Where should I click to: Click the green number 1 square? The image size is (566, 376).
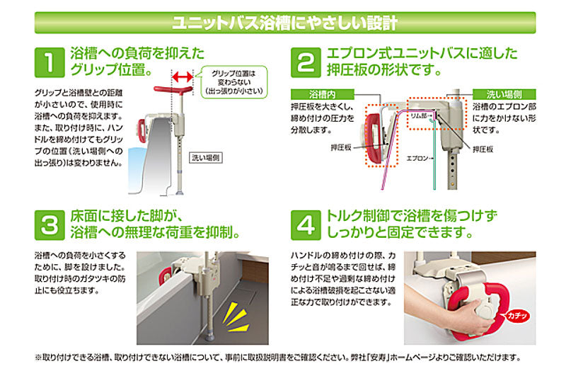50,62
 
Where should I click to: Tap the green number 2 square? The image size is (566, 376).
306,62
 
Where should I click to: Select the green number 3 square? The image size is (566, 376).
50,225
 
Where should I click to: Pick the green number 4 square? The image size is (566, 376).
306,225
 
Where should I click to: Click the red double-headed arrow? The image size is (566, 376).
183,76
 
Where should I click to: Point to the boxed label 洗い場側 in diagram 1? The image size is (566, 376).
206,158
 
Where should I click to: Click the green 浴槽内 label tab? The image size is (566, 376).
323,94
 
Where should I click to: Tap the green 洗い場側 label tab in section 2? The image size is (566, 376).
504,94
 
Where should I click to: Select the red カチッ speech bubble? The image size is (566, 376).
516,316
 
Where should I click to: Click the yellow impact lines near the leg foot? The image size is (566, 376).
236,317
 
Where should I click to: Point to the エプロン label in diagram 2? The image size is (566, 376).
417,158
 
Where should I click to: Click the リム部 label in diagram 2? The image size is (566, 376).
419,115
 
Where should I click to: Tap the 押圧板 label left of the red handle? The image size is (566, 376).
341,147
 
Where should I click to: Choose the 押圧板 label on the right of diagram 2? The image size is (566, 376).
483,149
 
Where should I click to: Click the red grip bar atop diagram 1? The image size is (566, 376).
173,90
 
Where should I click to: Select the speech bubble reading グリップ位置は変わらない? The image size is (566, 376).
233,82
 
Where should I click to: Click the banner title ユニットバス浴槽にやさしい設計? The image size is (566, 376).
285,23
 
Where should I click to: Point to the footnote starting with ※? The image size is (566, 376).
278,357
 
